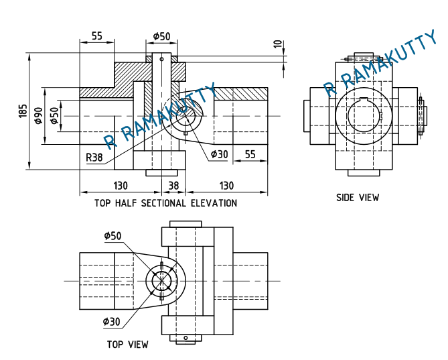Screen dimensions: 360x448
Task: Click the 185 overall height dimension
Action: (23, 111)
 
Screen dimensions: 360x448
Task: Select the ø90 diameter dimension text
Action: (38, 115)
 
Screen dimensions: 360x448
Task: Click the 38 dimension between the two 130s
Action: (173, 186)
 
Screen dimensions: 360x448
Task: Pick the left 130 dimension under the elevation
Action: (121, 186)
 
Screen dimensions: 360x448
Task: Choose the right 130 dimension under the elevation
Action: (227, 186)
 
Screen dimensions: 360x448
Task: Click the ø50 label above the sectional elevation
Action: (161, 36)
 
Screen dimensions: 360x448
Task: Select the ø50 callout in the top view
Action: (113, 236)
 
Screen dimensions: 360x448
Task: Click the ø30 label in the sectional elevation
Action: (219, 154)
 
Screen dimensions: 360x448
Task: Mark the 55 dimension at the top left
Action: (97, 36)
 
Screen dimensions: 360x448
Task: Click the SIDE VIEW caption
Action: (357, 198)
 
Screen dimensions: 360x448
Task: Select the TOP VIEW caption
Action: (127, 345)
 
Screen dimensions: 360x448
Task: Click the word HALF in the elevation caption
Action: (127, 203)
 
